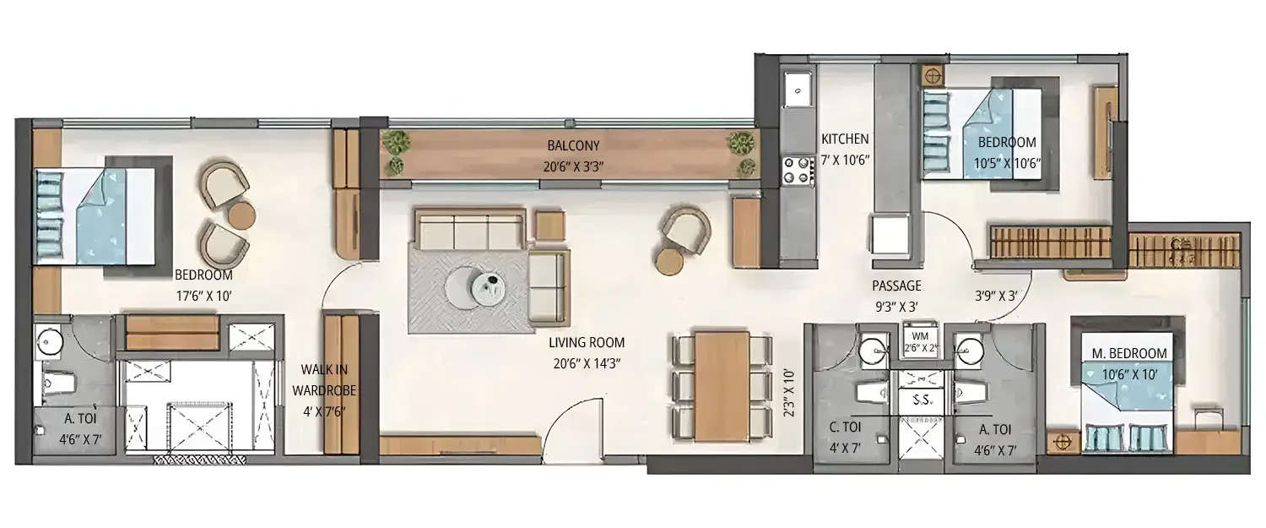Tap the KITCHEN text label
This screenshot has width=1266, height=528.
coord(845,139)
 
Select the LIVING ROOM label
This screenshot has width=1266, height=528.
coord(587,343)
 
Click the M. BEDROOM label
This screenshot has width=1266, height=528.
coord(1128,353)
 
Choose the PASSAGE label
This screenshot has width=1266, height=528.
coord(896,286)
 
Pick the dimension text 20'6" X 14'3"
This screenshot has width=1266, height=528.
coord(587,364)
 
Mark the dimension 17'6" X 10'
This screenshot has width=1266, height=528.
coord(203,297)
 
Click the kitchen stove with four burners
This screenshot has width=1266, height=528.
coord(798,169)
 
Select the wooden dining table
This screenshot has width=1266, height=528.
coord(722,386)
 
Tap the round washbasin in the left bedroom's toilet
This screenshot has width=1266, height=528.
coord(49,343)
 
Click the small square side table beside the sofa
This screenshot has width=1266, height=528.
coord(549,226)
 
